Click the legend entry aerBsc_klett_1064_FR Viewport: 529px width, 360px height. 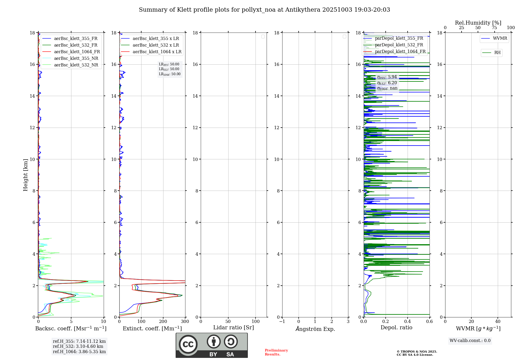point(77,52)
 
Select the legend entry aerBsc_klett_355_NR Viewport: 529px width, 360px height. point(76,58)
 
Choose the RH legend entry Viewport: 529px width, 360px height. point(497,53)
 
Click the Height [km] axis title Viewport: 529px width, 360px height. point(25,175)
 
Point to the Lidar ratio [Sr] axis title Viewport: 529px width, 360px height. point(234,327)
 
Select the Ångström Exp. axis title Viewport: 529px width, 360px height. point(315,329)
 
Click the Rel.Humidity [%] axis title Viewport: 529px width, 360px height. point(478,23)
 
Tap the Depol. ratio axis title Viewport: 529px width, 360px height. point(396,327)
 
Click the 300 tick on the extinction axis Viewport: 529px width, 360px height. point(185,321)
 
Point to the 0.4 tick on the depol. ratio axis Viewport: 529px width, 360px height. point(408,321)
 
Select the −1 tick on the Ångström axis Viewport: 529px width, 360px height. point(282,321)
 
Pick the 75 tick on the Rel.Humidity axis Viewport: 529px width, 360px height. point(494,28)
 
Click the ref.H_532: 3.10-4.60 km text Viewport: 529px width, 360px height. point(78,346)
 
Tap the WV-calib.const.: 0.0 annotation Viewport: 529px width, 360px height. point(470,341)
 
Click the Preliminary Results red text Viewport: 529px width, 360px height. point(276,352)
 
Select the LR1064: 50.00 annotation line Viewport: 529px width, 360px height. point(170,74)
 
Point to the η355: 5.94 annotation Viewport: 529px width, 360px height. point(387,77)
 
